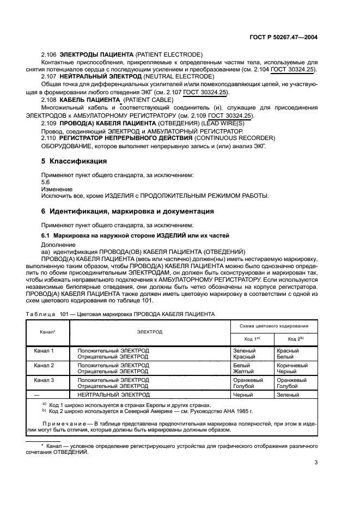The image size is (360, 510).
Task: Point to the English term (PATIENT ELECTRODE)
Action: pyautogui.click(x=169, y=54)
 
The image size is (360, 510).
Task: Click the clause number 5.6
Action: pyautogui.click(x=46, y=181)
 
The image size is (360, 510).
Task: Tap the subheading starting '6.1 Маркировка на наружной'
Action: pyautogui.click(x=135, y=235)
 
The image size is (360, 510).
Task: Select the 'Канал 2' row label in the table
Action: pyautogui.click(x=44, y=365)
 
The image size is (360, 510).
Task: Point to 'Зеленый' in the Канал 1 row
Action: pyautogui.click(x=243, y=350)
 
